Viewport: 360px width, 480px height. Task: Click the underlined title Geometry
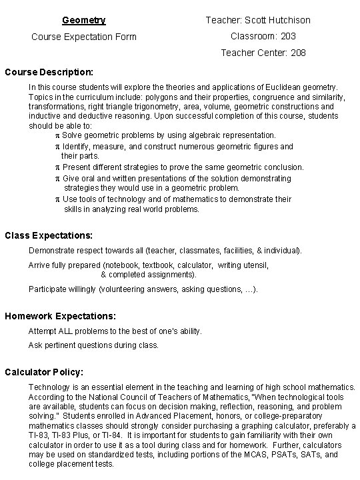(x=83, y=20)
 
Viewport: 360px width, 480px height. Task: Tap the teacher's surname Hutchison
(x=287, y=20)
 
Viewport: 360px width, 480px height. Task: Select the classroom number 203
(x=287, y=36)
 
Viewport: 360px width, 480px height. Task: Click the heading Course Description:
(x=49, y=71)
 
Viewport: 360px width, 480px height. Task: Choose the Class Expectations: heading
(x=49, y=235)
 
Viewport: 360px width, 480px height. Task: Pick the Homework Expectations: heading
(x=60, y=315)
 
